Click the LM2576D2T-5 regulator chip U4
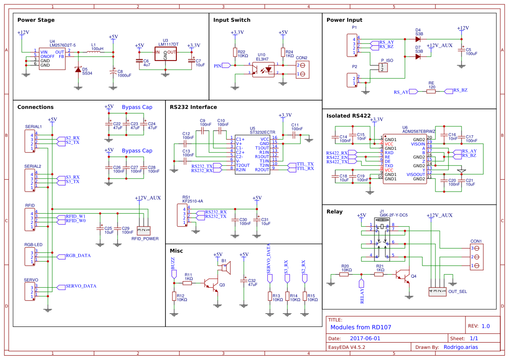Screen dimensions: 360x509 (52, 58)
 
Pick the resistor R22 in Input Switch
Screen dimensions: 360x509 (235, 53)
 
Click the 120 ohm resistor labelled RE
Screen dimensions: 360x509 (431, 91)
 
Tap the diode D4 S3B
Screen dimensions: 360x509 (418, 39)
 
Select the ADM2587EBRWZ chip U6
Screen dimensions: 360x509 (405, 159)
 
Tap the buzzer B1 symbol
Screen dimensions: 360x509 (226, 267)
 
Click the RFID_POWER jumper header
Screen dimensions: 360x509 (143, 230)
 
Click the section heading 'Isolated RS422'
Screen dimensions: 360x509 (348, 116)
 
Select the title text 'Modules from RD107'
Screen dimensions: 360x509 (355, 327)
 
